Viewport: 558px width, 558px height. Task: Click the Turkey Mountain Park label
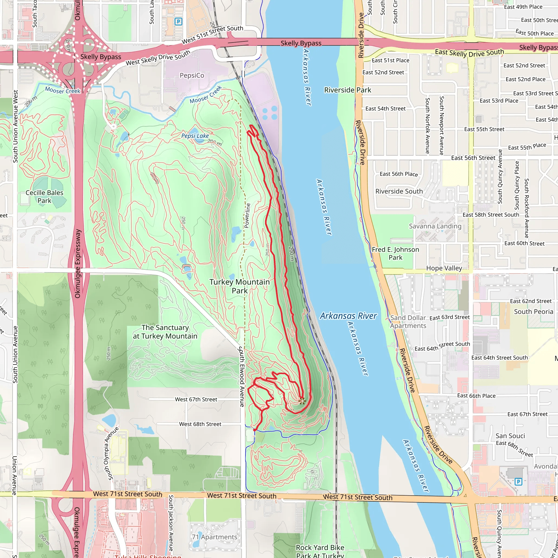pyautogui.click(x=239, y=286)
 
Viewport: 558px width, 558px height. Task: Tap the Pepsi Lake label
pyautogui.click(x=195, y=136)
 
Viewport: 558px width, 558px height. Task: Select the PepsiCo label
pyautogui.click(x=192, y=75)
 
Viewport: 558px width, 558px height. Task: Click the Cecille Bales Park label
pyautogui.click(x=44, y=196)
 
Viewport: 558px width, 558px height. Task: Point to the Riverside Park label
pyautogui.click(x=347, y=90)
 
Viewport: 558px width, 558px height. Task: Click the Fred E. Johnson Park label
pyautogui.click(x=395, y=253)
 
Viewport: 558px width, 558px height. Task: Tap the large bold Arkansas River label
pyautogui.click(x=348, y=316)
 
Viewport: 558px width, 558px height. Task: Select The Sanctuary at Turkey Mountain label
pyautogui.click(x=165, y=332)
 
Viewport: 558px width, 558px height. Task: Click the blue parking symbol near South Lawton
pyautogui.click(x=178, y=21)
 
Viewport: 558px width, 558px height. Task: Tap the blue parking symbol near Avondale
pyautogui.click(x=518, y=481)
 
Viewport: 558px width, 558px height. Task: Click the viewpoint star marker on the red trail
pyautogui.click(x=302, y=401)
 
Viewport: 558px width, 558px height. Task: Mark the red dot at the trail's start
pyautogui.click(x=254, y=430)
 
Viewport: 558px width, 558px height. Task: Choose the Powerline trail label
pyautogui.click(x=247, y=216)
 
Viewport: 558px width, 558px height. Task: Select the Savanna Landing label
pyautogui.click(x=435, y=226)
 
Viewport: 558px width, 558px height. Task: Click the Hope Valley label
pyautogui.click(x=444, y=268)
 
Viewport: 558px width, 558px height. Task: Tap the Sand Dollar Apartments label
pyautogui.click(x=408, y=322)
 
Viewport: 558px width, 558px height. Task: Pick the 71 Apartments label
pyautogui.click(x=214, y=537)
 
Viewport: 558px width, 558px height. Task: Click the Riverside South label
pyautogui.click(x=399, y=191)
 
